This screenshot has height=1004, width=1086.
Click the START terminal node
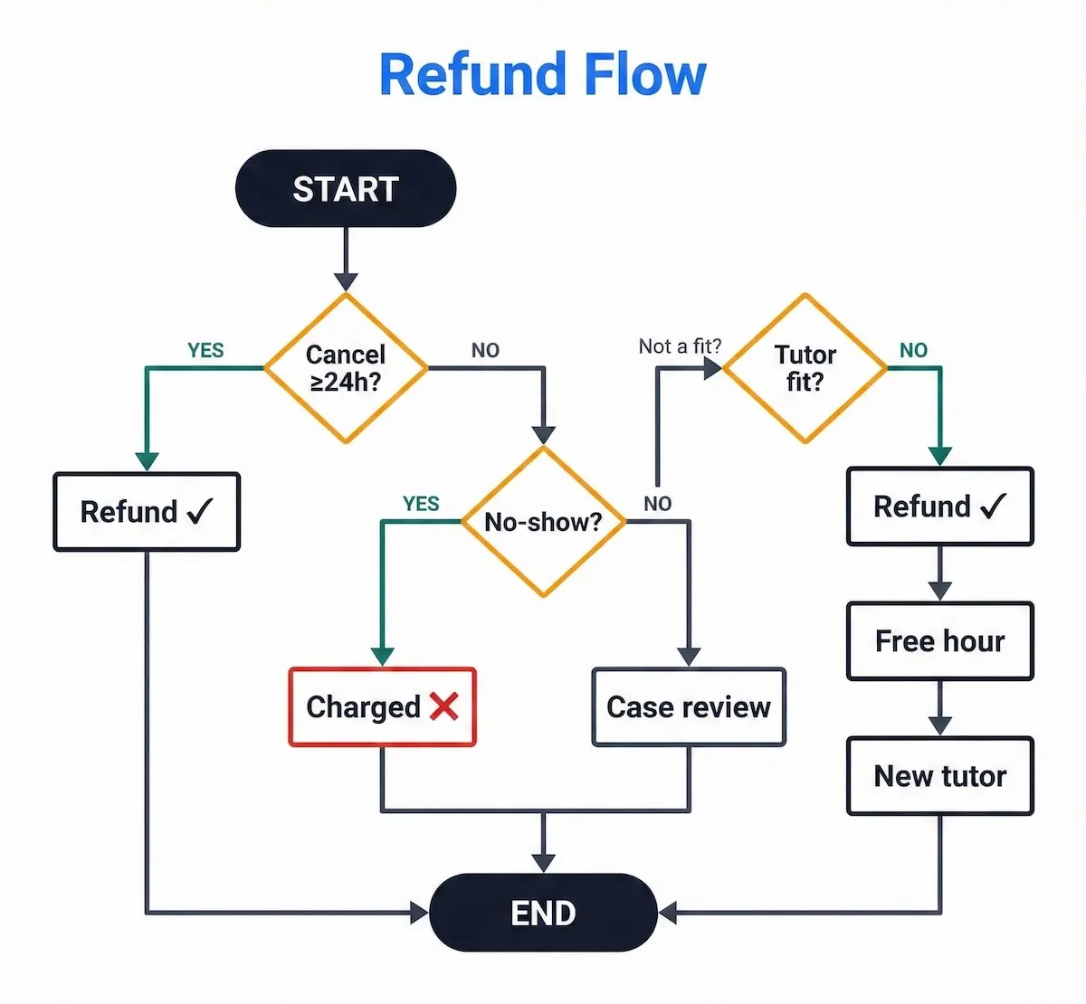345,189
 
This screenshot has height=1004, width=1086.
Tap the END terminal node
543,913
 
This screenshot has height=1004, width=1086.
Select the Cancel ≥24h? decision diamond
345,367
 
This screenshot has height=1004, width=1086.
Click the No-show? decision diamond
543,522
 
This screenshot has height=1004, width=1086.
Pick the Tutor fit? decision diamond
805,367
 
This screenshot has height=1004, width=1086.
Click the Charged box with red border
382,707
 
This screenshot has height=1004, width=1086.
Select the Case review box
688,707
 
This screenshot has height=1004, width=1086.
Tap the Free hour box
939,641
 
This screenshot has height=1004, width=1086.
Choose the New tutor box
939,776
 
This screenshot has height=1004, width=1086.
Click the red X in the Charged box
444,706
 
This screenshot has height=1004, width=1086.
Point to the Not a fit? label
680,346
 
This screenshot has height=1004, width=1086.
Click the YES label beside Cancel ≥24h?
205,351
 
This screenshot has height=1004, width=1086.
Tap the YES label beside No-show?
421,504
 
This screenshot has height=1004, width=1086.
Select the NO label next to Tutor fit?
913,351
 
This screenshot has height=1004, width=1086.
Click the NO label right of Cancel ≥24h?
485,351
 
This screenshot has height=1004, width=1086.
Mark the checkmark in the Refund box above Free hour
993,506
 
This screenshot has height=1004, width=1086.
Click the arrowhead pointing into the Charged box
383,657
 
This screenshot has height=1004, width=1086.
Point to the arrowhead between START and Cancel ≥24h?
346,281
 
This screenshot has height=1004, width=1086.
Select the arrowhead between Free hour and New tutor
940,726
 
